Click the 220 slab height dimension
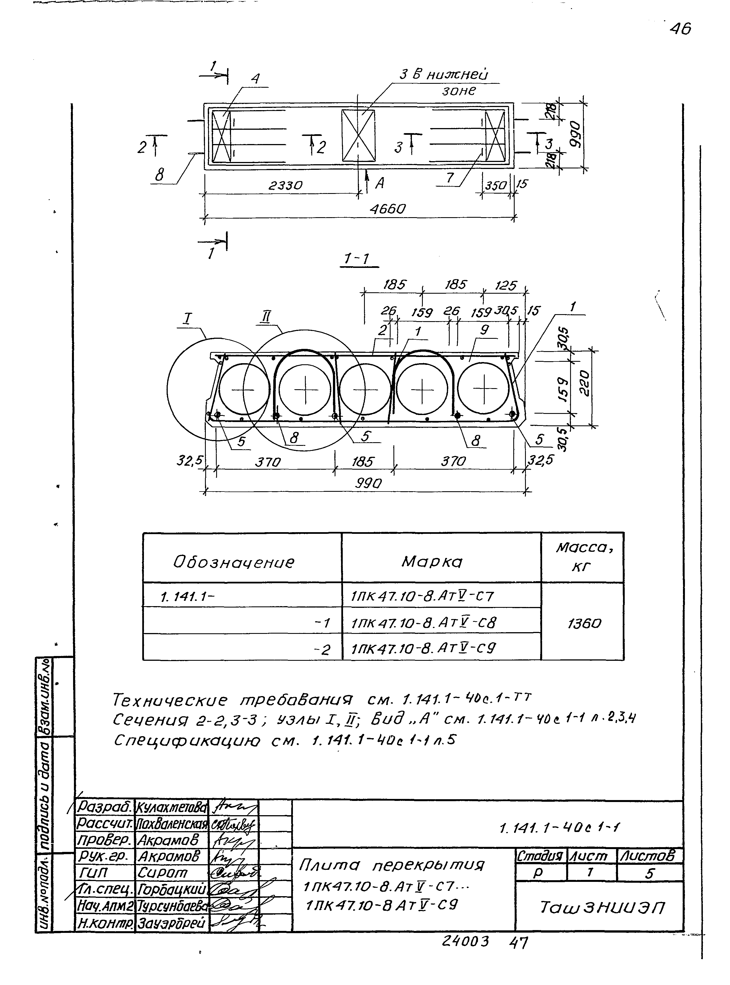pyautogui.click(x=584, y=383)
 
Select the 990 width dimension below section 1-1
pyautogui.click(x=368, y=483)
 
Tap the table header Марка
pyautogui.click(x=432, y=562)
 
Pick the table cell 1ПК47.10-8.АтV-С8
pyautogui.click(x=423, y=623)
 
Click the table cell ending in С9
pyautogui.click(x=423, y=648)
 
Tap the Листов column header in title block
pyautogui.click(x=648, y=856)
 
